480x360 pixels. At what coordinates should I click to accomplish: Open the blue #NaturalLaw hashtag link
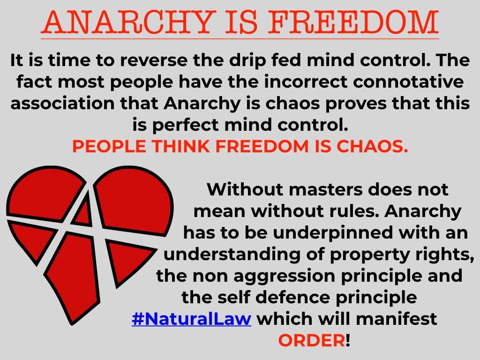pos(192,319)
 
